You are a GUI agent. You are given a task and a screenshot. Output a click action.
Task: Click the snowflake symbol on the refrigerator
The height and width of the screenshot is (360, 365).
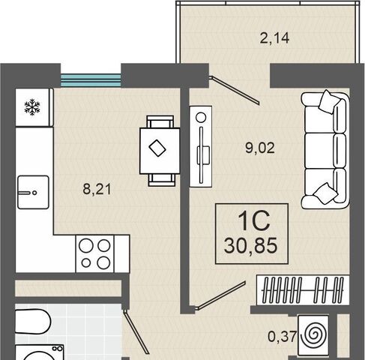(32, 107)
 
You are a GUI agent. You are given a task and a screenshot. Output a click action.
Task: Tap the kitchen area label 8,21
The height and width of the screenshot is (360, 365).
(97, 189)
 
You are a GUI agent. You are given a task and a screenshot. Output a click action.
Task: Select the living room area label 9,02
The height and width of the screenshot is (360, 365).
(260, 148)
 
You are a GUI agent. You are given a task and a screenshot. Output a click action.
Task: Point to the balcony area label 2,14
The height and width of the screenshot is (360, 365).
(274, 38)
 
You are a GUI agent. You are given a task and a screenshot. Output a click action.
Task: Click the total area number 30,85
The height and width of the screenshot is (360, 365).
(250, 245)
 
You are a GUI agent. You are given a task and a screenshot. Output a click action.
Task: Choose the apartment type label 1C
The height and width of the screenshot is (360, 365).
(253, 220)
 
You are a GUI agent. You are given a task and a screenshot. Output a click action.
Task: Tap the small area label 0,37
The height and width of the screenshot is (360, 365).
(282, 337)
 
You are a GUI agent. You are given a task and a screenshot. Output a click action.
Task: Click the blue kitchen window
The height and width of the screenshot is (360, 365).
(91, 80)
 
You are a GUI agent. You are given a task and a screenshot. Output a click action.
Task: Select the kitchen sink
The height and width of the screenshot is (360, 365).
(33, 192)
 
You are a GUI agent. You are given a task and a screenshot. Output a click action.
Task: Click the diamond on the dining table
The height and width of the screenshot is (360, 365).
(157, 148)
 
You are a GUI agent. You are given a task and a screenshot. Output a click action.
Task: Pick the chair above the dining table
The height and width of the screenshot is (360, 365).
(160, 121)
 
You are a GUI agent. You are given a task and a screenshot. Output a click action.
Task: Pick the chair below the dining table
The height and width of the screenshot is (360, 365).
(161, 180)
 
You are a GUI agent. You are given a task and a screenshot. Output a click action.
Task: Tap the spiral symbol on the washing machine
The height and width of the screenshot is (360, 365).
(313, 335)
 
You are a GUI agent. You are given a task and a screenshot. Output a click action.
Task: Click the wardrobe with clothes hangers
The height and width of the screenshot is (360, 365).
(303, 290)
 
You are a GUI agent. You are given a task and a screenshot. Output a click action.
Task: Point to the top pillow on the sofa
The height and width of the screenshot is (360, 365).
(330, 102)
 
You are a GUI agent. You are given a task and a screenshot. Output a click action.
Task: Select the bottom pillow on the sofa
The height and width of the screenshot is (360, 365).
(325, 193)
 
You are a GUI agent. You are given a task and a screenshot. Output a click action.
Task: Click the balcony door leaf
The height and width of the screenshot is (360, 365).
(235, 90)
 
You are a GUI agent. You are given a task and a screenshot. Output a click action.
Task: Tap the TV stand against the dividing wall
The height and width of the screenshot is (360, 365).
(201, 146)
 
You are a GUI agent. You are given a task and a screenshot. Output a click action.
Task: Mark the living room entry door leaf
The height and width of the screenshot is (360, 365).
(220, 295)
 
